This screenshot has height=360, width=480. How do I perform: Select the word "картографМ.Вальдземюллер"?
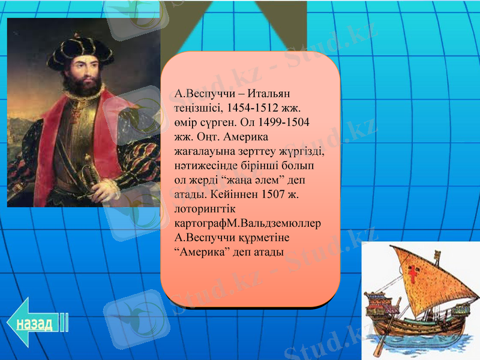246,224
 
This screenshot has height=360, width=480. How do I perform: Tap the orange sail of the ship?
420,276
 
